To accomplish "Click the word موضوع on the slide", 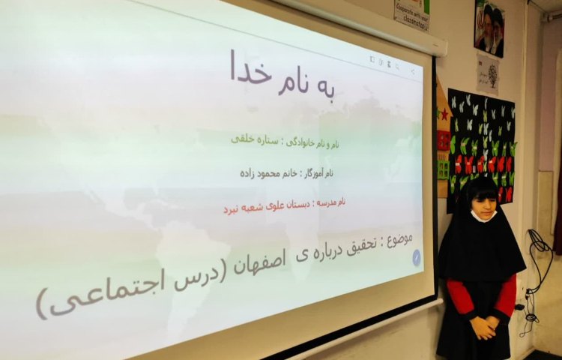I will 396,241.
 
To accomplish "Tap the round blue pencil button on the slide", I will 417,258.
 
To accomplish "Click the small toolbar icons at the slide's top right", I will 390,64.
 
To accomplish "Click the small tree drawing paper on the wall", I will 488,73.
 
